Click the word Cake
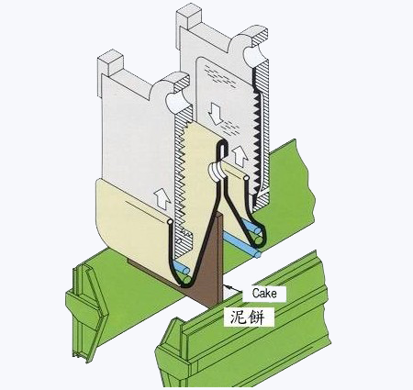pyautogui.click(x=264, y=294)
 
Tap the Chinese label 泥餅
pyautogui.click(x=248, y=317)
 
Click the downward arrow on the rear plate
pyautogui.click(x=216, y=113)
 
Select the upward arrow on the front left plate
pyautogui.click(x=162, y=199)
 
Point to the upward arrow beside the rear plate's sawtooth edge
pyautogui.click(x=240, y=156)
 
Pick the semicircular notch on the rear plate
pyautogui.click(x=254, y=55)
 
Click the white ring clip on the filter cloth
pyautogui.click(x=217, y=171)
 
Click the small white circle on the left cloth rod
pyautogui.click(x=170, y=221)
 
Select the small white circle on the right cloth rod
pyautogui.click(x=246, y=178)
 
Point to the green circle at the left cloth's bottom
pyautogui.click(x=186, y=279)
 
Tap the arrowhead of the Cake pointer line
pyautogui.click(x=227, y=286)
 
